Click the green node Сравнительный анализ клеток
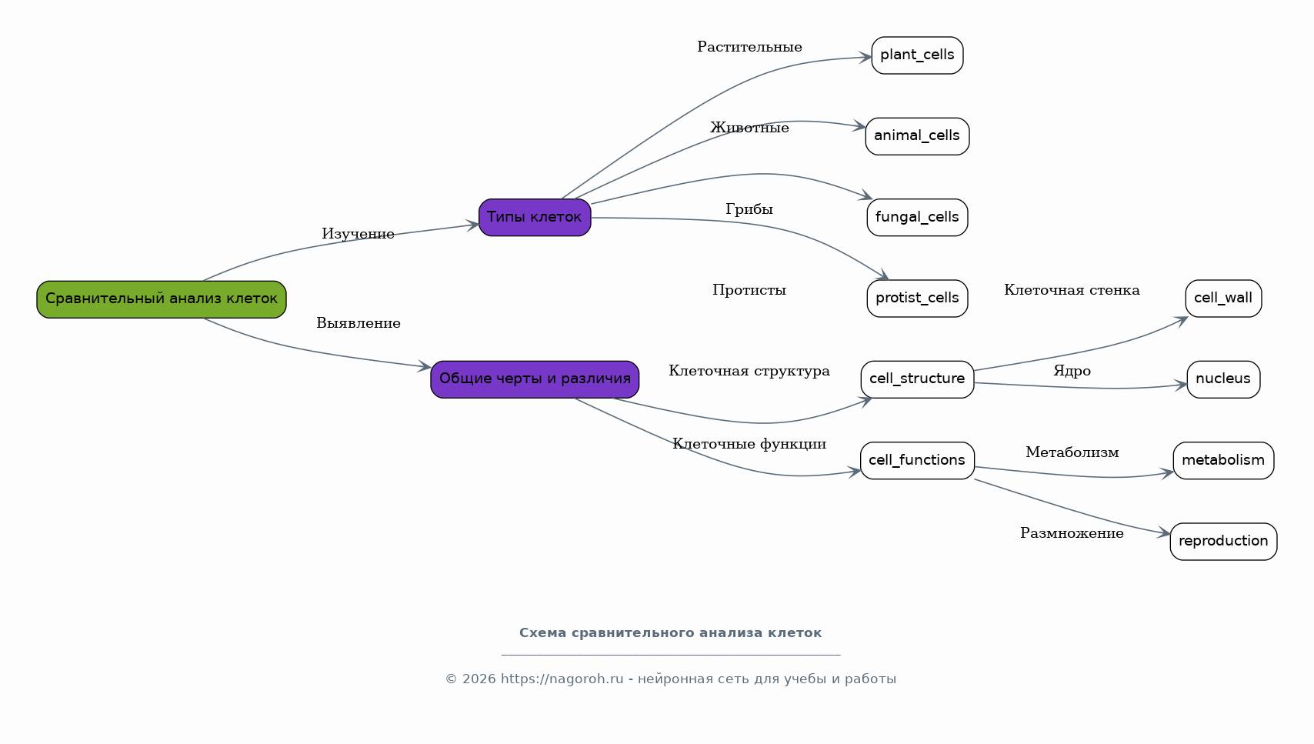[162, 299]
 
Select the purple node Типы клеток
[535, 218]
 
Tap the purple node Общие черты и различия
[535, 379]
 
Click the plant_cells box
[917, 55]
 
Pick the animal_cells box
[917, 136]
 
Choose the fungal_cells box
[917, 218]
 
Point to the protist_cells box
[917, 299]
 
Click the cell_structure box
[917, 379]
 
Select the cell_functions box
[917, 461]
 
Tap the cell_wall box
[1223, 299]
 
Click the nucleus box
[1223, 379]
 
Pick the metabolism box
[1223, 461]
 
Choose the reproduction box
[1223, 542]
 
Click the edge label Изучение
[358, 234]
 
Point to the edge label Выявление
[359, 323]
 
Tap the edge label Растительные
[749, 47]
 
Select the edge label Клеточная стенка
[1072, 290]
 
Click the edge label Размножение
[1072, 533]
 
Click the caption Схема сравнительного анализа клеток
[671, 633]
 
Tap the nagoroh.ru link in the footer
[562, 679]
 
